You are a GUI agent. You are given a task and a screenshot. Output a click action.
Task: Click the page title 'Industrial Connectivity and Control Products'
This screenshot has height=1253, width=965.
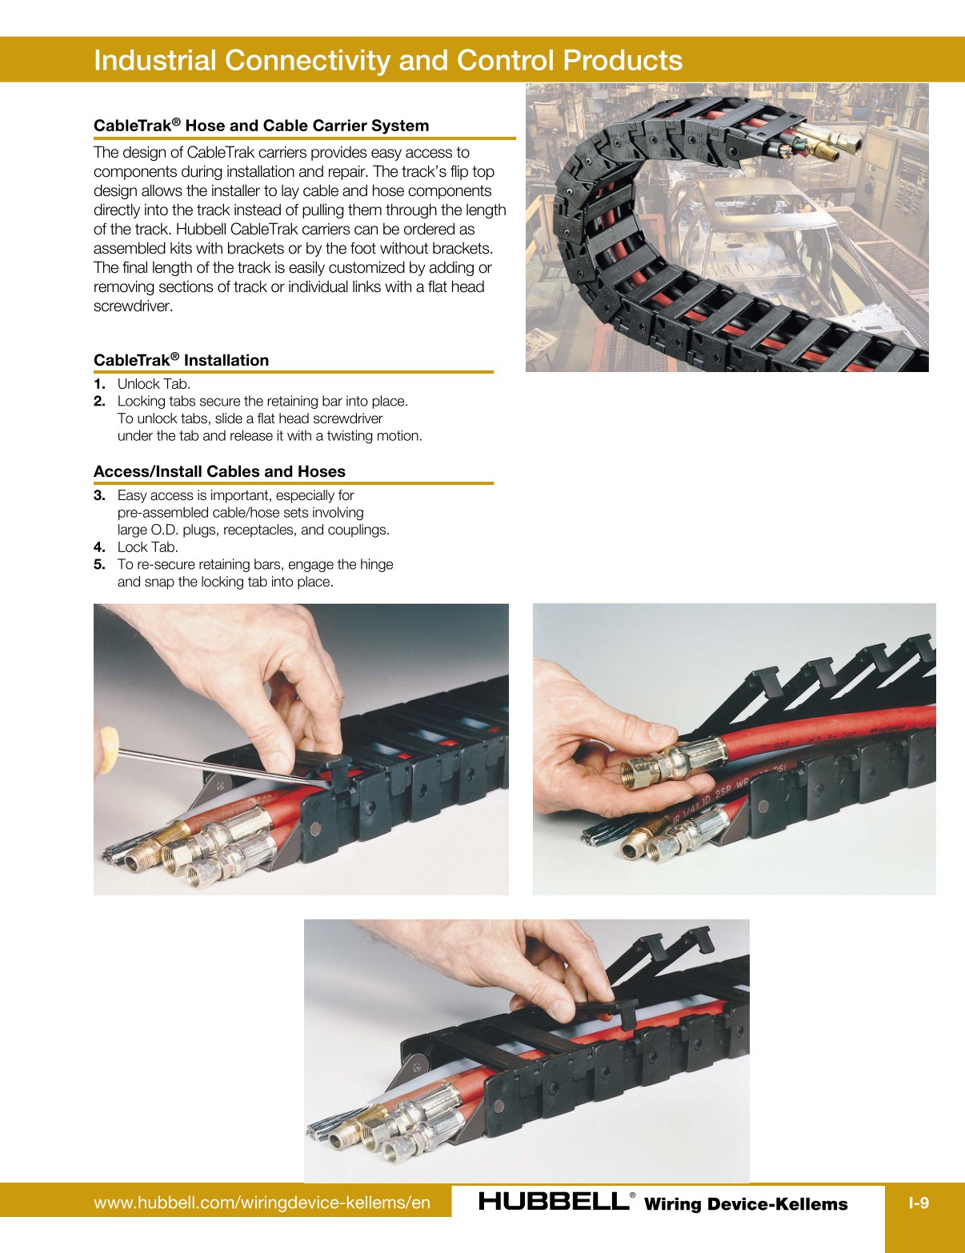point(388,61)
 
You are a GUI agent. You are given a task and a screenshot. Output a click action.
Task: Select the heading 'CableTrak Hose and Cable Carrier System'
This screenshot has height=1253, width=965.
point(261,126)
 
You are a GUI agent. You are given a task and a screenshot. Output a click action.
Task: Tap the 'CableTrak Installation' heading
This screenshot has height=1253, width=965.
point(181,360)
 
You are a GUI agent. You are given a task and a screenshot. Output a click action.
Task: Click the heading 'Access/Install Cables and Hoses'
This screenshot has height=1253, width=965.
point(219,471)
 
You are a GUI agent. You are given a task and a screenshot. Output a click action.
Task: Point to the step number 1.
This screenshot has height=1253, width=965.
point(98,384)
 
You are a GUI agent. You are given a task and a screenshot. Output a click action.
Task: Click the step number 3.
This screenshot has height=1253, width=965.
point(99,495)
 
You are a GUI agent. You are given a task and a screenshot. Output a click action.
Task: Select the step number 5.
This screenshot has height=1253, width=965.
point(99,564)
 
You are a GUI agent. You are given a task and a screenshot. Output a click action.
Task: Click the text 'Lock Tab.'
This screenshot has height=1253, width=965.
point(147,547)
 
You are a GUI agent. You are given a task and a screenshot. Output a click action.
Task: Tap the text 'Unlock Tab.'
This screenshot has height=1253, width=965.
point(154,384)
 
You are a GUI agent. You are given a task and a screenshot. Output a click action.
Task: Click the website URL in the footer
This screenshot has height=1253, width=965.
point(262,1203)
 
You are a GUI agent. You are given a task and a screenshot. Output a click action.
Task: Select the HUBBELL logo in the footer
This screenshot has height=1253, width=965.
point(554,1201)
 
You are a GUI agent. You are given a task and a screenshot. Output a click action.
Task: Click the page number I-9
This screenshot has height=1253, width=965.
point(919,1203)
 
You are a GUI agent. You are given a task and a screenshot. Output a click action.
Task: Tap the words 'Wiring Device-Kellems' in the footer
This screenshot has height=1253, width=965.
point(745,1204)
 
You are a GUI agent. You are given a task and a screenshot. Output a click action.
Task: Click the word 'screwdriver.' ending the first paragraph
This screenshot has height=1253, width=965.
point(133,306)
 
